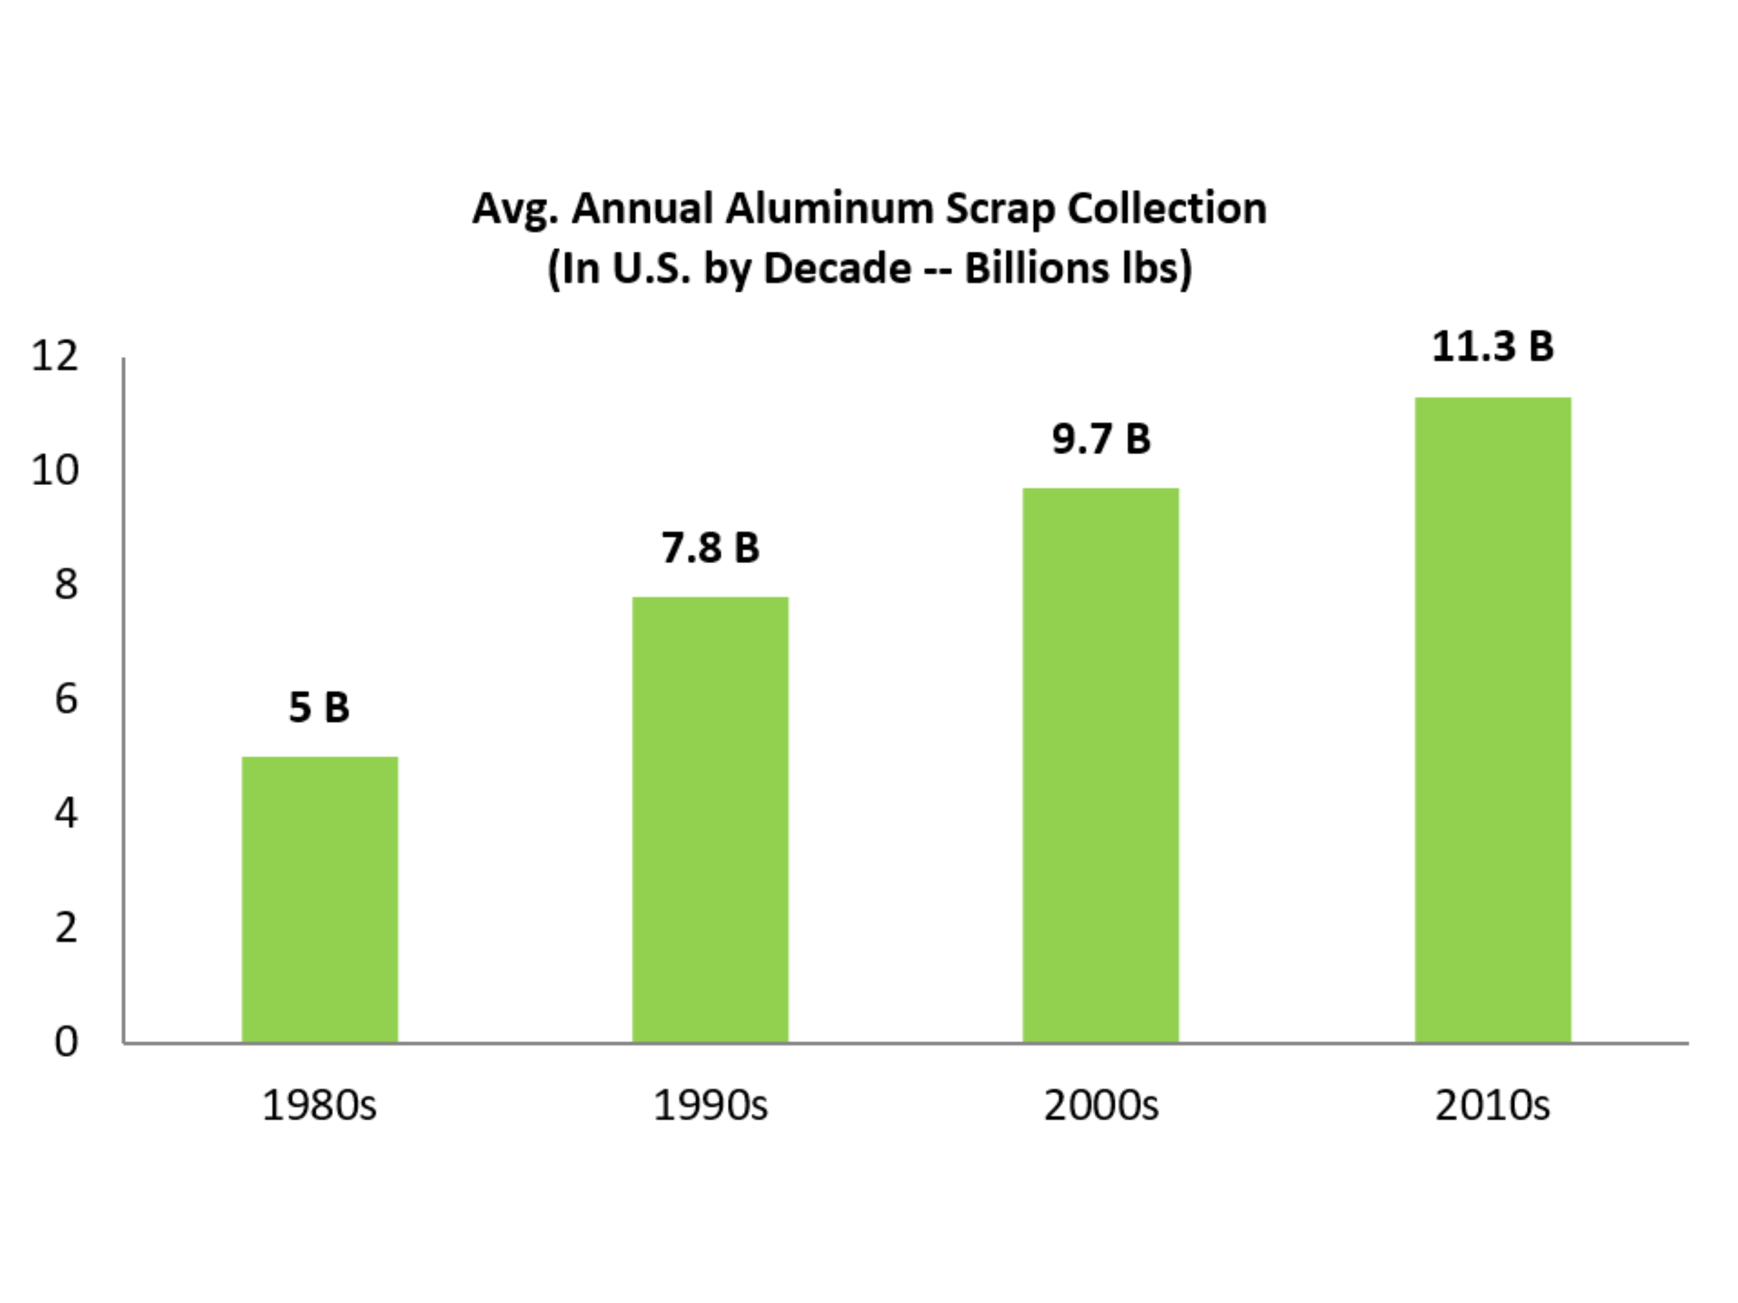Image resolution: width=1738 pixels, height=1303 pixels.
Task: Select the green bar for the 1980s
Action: click(x=320, y=900)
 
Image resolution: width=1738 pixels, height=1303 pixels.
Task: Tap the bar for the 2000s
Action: click(x=1100, y=766)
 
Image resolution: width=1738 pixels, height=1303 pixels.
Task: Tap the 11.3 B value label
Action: click(x=1492, y=346)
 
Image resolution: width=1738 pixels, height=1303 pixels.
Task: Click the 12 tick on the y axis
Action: click(x=55, y=356)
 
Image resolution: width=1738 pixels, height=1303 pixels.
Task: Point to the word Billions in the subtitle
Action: click(x=1029, y=268)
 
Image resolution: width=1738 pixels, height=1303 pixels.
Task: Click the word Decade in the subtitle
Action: click(x=837, y=268)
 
